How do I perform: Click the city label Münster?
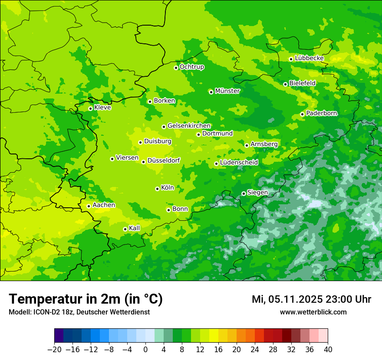[227, 91]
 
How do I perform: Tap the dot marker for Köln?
[157, 189]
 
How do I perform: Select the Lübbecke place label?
[309, 58]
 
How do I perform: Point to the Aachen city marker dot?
[89, 206]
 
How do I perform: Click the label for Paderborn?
[321, 113]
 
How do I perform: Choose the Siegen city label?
[257, 193]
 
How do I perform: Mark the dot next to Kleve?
[90, 108]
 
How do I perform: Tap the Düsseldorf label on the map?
[164, 160]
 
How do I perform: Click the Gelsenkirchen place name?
[189, 126]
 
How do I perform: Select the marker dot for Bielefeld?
[285, 84]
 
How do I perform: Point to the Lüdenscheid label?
[239, 163]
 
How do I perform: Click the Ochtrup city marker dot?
[176, 68]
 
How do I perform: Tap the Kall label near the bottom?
[135, 228]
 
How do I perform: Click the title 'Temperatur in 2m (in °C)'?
[86, 299]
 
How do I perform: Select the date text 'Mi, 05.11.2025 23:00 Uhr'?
[311, 299]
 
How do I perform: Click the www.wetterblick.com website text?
[313, 312]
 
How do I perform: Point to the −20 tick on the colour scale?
[54, 350]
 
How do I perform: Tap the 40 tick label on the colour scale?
[328, 350]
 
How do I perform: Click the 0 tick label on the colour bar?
[145, 350]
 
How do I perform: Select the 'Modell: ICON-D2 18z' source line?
[79, 312]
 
